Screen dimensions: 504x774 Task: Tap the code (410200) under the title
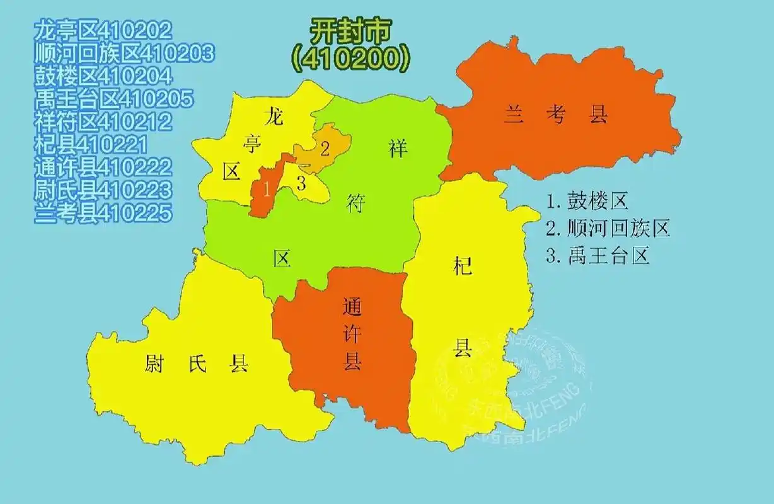350,58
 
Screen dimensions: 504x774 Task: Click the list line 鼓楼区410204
103,76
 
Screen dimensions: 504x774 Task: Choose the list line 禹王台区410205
114,99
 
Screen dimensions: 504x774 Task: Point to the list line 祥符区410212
103,122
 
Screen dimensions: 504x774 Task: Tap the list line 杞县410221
92,145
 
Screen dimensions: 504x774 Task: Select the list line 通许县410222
103,167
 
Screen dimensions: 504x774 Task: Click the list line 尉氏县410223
103,190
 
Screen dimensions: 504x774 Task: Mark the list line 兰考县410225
103,213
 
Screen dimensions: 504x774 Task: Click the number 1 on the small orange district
267,188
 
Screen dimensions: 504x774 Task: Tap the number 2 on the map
325,149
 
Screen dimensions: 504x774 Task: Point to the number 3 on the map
301,184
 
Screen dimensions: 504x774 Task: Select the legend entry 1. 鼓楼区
587,202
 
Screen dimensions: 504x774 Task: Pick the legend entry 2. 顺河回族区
608,229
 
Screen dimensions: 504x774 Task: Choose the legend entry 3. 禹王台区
598,256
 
